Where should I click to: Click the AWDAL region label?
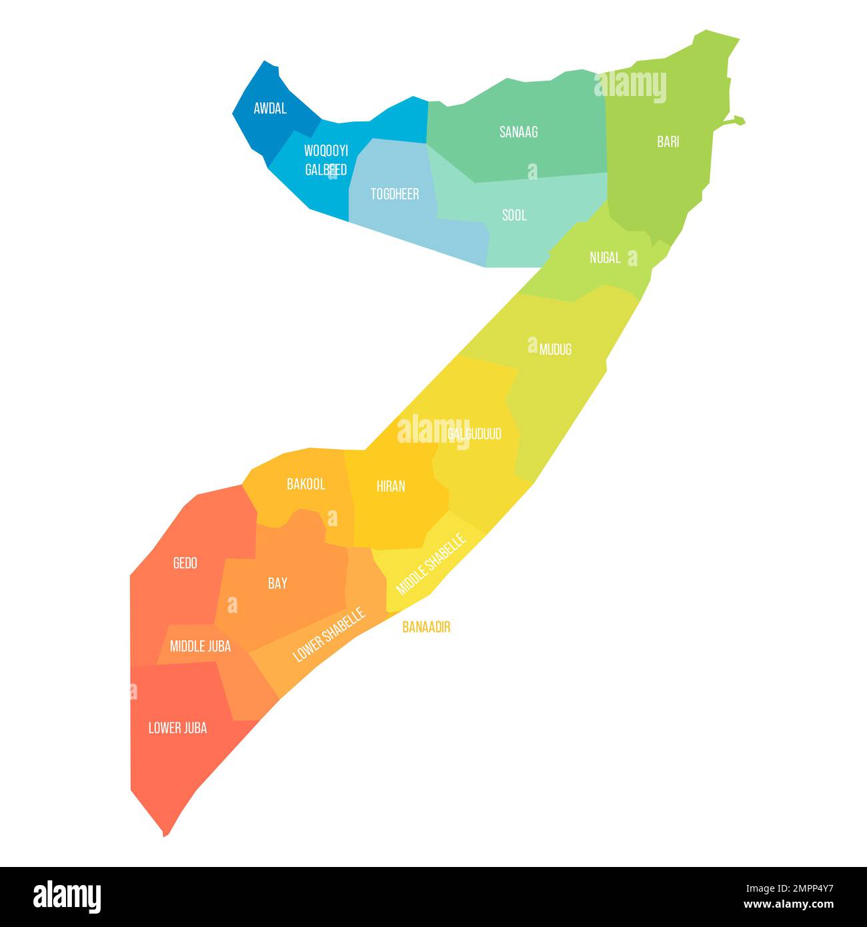tap(270, 108)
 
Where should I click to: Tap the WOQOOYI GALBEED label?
tap(326, 160)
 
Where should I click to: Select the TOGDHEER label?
tap(395, 194)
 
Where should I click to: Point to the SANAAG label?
tap(518, 132)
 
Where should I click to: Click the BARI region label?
tap(668, 141)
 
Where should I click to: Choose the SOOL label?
tap(514, 215)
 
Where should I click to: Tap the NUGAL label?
tap(605, 257)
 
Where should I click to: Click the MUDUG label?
tap(556, 349)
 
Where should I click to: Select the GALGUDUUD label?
tap(474, 434)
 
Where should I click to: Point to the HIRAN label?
tap(391, 486)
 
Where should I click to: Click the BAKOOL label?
tap(306, 484)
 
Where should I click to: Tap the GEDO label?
tap(185, 564)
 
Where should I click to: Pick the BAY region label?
tap(277, 584)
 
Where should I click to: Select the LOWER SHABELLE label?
tap(329, 634)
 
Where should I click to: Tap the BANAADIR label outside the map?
tap(426, 628)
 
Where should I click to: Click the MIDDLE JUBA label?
tap(200, 646)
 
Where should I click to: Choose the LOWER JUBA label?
tap(177, 728)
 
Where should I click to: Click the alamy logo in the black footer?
tap(67, 896)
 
